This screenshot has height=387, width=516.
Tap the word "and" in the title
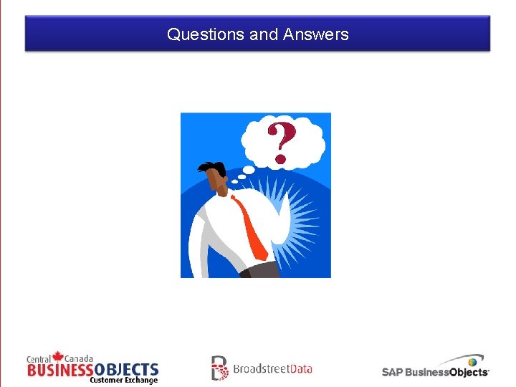point(264,34)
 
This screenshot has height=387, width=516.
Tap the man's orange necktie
point(250,229)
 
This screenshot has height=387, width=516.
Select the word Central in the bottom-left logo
point(39,359)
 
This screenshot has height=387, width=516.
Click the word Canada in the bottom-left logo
point(79,358)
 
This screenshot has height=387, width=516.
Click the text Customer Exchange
point(123,381)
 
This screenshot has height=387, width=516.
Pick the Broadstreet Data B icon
point(219,368)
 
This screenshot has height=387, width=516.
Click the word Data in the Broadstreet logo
point(299,369)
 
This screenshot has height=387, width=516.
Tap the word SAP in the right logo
point(392,372)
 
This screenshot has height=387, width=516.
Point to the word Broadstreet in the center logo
point(259,369)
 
